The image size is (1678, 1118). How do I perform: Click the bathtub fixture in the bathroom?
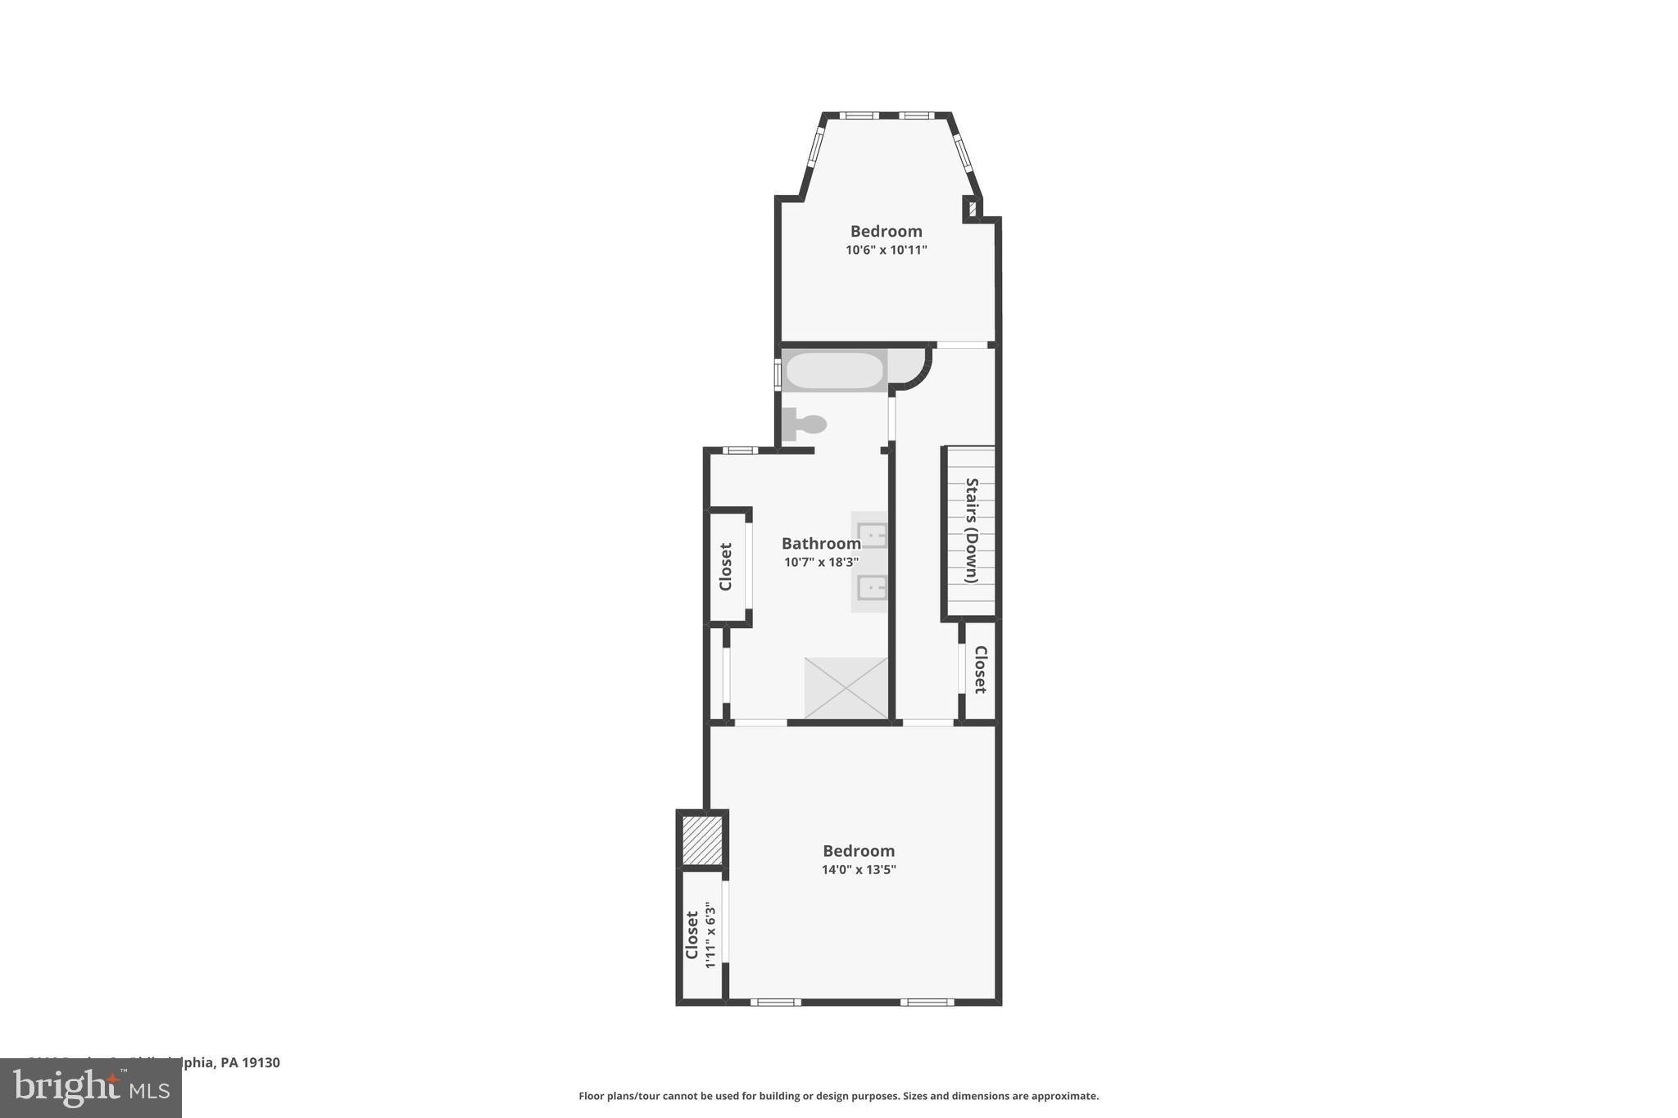(x=834, y=371)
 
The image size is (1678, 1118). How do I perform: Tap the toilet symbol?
(x=804, y=424)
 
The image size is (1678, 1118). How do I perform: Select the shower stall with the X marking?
(x=846, y=688)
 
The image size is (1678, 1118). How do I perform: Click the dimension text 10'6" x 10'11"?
(x=886, y=250)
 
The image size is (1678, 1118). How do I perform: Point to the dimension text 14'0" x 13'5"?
(x=859, y=870)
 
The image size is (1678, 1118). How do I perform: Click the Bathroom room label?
(x=821, y=543)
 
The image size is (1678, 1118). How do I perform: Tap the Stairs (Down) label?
(x=972, y=530)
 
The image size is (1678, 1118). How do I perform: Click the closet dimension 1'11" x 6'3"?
(x=710, y=935)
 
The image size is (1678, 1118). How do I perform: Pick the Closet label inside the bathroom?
(x=725, y=566)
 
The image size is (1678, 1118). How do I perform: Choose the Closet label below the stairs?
(x=980, y=669)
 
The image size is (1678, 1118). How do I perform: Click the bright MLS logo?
(x=90, y=1088)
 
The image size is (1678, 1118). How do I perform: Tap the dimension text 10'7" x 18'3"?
(x=821, y=562)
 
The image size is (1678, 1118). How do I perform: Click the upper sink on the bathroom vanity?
(x=872, y=535)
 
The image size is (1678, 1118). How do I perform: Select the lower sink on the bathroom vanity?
(x=872, y=587)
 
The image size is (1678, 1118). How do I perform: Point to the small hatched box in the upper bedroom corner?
(x=973, y=208)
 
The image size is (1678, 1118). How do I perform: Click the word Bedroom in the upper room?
(x=886, y=231)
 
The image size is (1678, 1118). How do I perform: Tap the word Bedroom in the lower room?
(x=859, y=851)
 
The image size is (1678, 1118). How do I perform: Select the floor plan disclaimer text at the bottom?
(x=838, y=1096)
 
